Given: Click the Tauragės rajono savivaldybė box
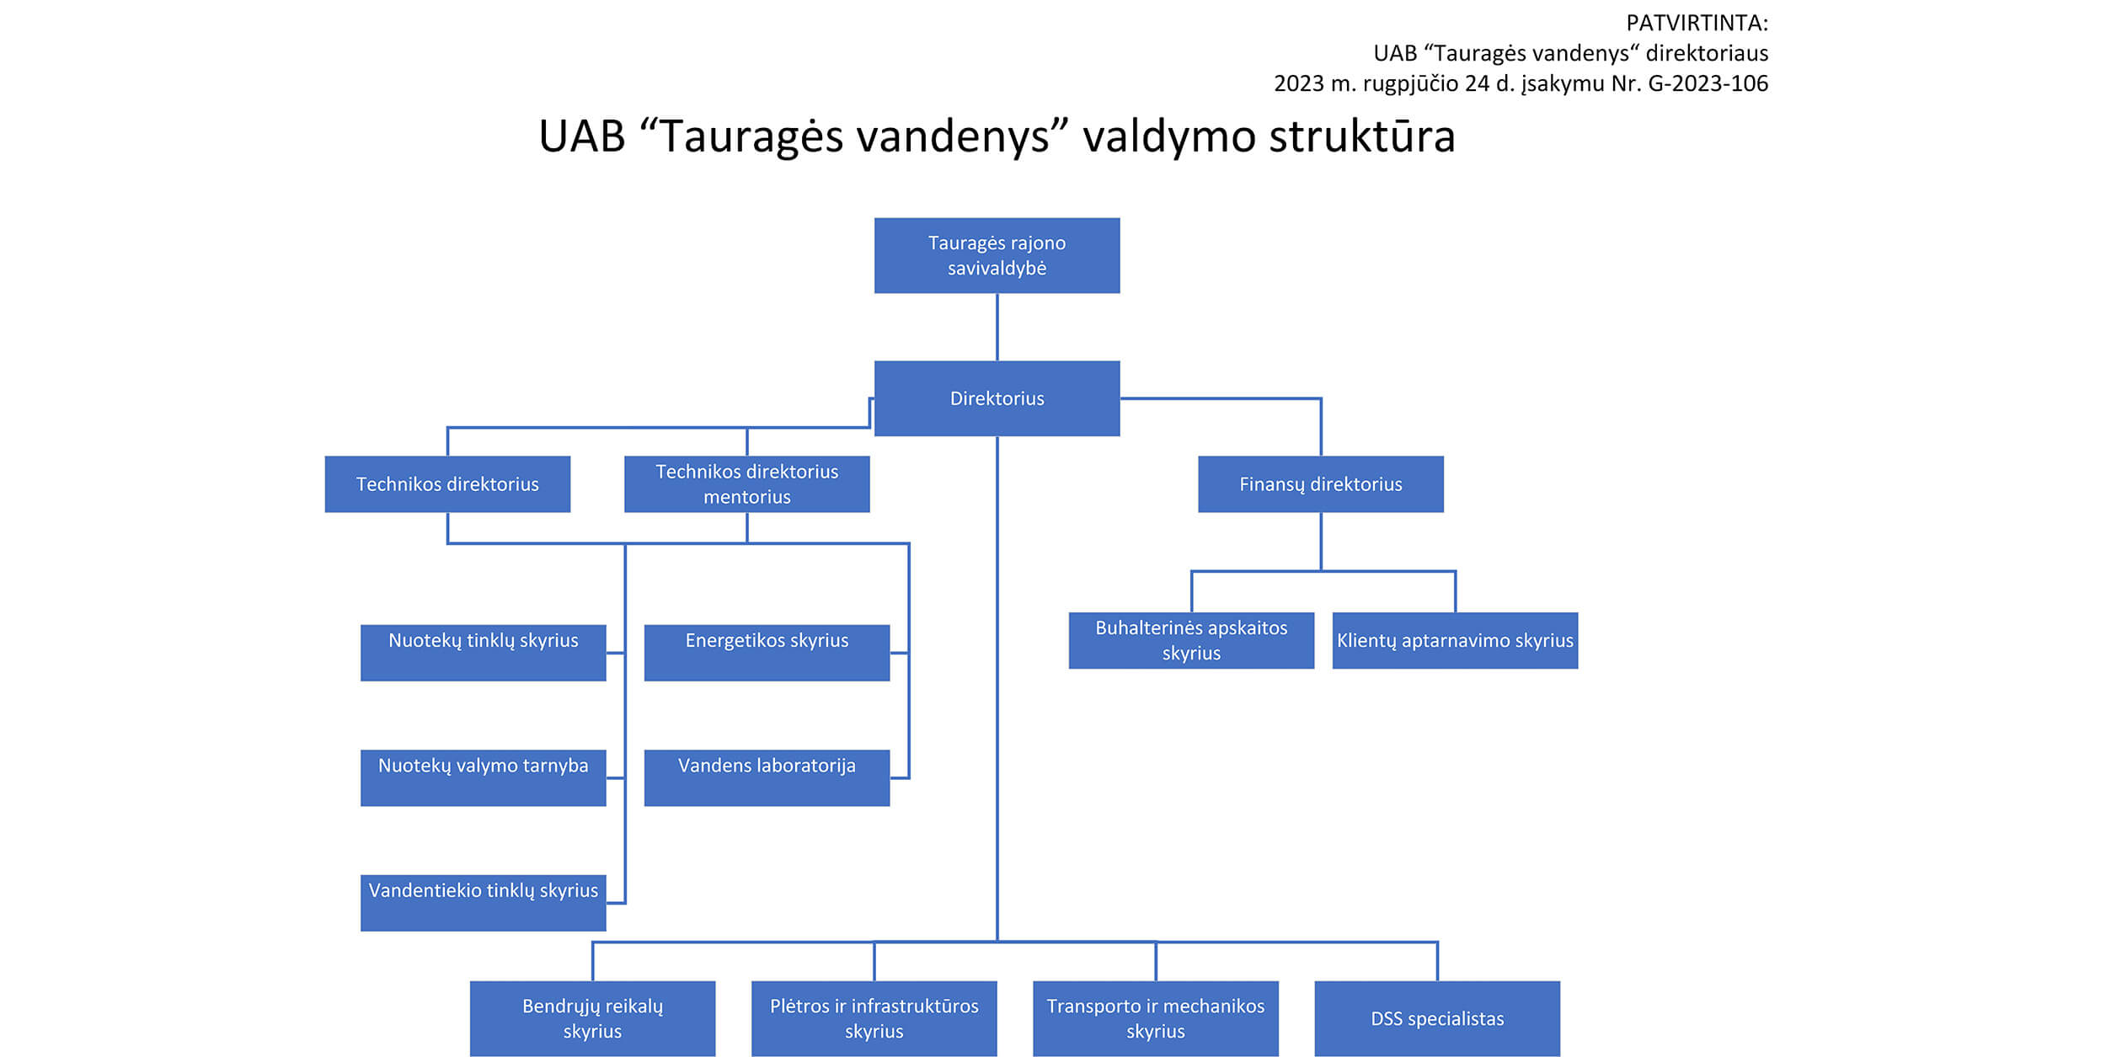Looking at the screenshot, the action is coord(997,255).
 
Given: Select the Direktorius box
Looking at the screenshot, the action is coord(997,398).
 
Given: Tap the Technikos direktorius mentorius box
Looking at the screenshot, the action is coord(746,484).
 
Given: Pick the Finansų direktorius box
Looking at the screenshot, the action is coord(1321,484).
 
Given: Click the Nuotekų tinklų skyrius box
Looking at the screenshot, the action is coord(483,653).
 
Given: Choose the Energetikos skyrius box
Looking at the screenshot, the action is coord(767,653).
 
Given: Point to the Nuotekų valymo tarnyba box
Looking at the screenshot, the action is coord(483,777).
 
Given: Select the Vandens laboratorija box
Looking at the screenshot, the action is coord(767,777).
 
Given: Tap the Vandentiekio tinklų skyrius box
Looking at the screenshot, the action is coord(483,903).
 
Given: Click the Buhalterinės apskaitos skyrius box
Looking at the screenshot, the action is coord(1191,640).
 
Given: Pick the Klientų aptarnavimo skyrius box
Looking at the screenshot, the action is coord(1455,640).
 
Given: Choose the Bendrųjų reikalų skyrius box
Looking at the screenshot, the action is coord(592,1018).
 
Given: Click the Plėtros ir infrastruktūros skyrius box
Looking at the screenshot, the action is coord(874,1018).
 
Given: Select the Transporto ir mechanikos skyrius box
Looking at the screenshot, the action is coord(1156,1018).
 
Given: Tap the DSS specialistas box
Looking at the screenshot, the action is coord(1437,1018).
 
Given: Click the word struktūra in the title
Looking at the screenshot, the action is coord(1361,136).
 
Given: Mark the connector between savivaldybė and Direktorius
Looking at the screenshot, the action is coord(997,327).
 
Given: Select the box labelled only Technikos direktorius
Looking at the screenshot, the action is coord(447,484).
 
